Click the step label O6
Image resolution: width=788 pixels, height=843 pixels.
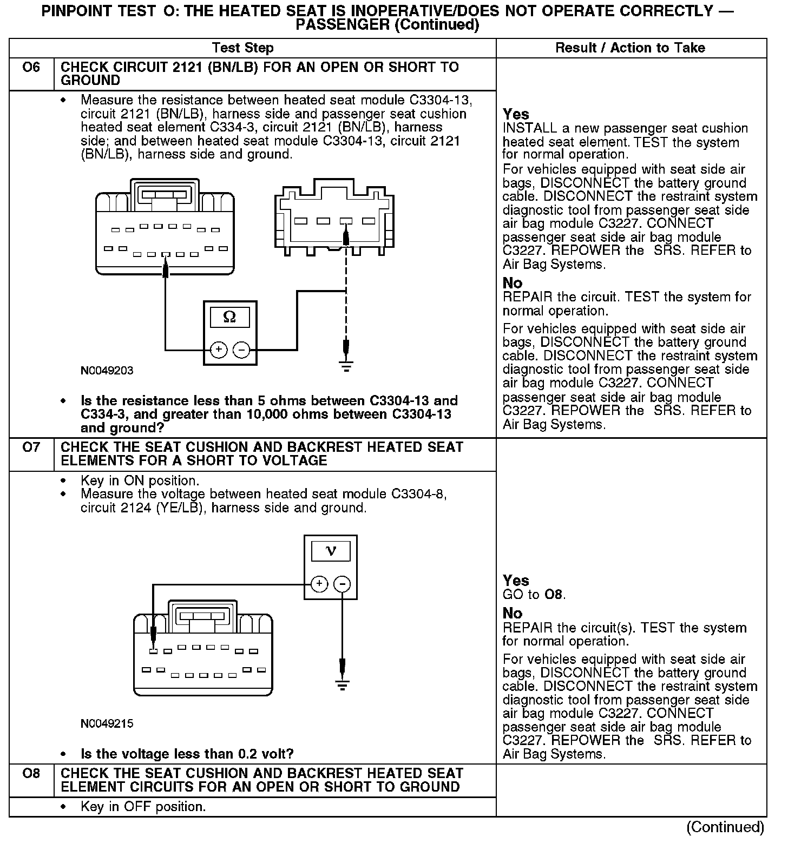(31, 68)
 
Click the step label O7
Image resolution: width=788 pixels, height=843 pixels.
(31, 448)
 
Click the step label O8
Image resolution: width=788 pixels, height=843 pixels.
(31, 774)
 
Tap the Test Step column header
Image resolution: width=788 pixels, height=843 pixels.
(242, 48)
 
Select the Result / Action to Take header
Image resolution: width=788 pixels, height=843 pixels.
(630, 48)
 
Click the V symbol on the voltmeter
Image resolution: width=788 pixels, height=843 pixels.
(331, 551)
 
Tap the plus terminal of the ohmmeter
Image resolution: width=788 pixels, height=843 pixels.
(218, 350)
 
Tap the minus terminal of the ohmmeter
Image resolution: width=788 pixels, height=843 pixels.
(241, 350)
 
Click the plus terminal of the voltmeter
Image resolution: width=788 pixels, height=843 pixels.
(319, 584)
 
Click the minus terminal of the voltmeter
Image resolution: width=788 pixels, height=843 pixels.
(342, 584)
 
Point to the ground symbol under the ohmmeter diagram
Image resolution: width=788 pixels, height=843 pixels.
(346, 367)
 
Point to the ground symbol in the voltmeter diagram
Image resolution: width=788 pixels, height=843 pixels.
(342, 686)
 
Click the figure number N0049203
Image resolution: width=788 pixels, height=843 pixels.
(107, 371)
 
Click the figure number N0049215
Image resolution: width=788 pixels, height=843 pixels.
(107, 723)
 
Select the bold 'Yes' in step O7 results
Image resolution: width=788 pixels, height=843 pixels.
(515, 581)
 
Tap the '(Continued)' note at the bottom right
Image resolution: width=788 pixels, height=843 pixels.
(725, 827)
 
